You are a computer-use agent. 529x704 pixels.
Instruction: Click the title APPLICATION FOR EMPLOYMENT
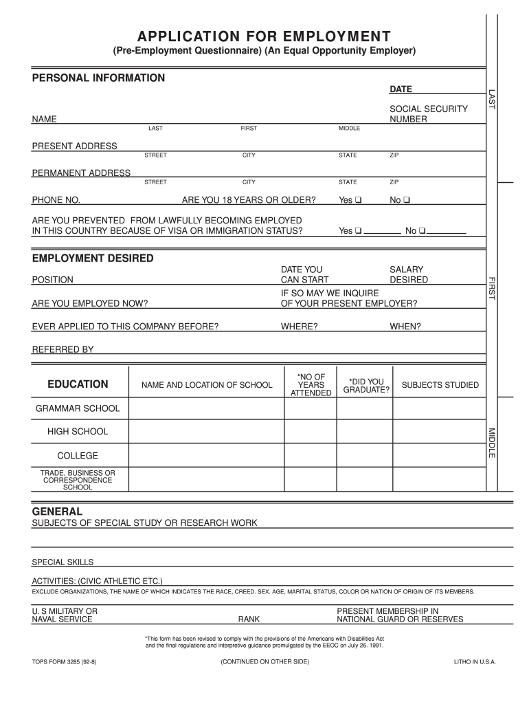(x=264, y=36)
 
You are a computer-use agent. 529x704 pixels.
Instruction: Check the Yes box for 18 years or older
(x=359, y=201)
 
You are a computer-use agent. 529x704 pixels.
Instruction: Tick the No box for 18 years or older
(x=407, y=201)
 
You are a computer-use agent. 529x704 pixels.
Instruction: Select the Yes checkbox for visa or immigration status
(x=359, y=231)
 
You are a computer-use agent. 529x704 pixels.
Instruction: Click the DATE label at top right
(x=401, y=89)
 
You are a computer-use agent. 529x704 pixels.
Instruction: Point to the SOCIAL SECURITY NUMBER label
(x=418, y=114)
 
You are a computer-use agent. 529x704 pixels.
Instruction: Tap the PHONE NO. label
(x=56, y=200)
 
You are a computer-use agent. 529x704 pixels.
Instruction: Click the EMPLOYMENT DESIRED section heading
(x=93, y=258)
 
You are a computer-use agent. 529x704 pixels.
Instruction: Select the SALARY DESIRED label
(x=408, y=275)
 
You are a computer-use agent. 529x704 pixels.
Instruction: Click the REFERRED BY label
(x=63, y=349)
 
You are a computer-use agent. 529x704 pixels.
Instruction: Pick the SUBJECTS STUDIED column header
(x=440, y=385)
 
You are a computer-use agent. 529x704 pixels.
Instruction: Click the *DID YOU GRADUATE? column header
(x=366, y=386)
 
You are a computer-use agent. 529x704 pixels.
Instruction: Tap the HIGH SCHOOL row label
(x=78, y=432)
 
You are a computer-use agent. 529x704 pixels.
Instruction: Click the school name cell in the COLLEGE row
(x=206, y=456)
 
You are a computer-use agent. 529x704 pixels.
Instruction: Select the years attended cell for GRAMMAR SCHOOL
(x=311, y=408)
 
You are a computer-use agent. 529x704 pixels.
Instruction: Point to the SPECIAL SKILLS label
(x=63, y=562)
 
